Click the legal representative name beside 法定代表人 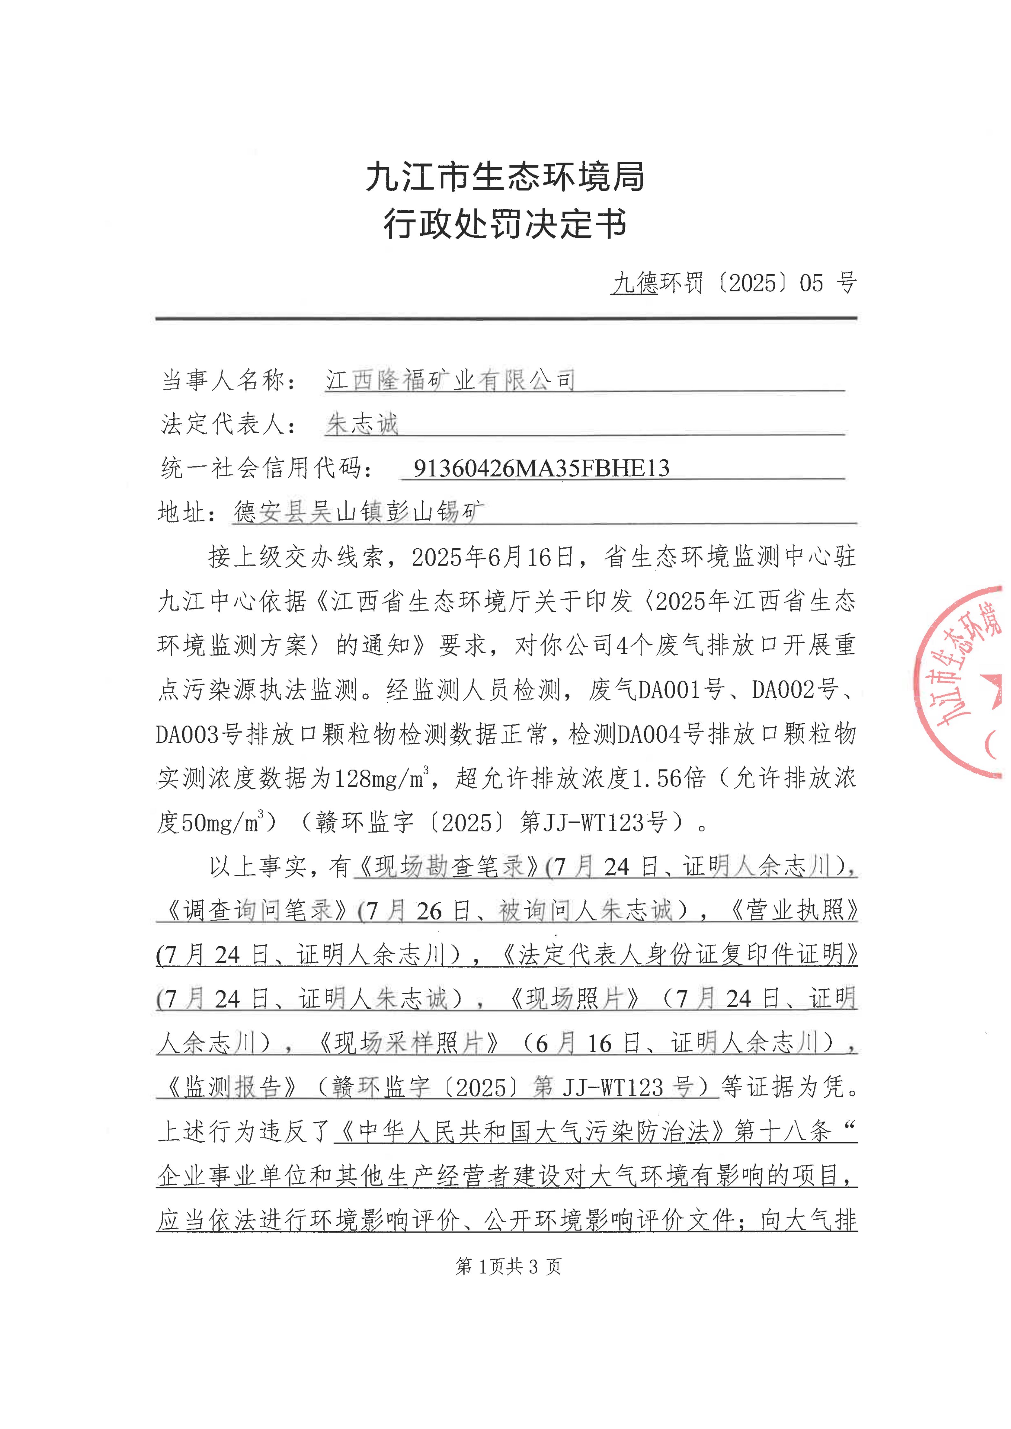[x=362, y=424]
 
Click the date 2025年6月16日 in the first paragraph [x=492, y=557]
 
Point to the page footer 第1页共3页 [x=508, y=1266]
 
